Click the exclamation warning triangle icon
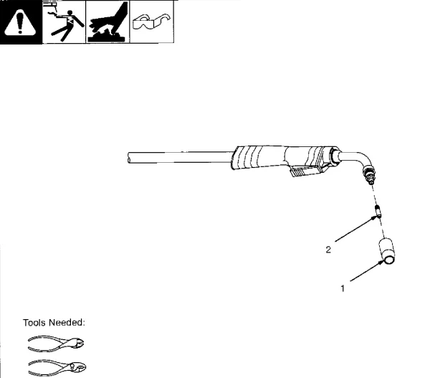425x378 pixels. pyautogui.click(x=20, y=22)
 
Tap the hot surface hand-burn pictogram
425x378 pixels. pyautogui.click(x=108, y=22)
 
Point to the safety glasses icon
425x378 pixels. pyautogui.click(x=152, y=22)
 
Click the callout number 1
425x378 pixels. pyautogui.click(x=343, y=288)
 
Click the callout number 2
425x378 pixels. pyautogui.click(x=328, y=250)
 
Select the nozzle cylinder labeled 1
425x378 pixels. pyautogui.click(x=387, y=251)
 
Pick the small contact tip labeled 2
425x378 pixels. pyautogui.click(x=378, y=212)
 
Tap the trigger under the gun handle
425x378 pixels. pyautogui.click(x=304, y=171)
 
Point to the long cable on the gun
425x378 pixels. pyautogui.click(x=180, y=157)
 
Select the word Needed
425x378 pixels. pyautogui.click(x=67, y=322)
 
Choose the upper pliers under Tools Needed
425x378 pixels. pyautogui.click(x=56, y=344)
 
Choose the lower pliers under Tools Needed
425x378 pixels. pyautogui.click(x=57, y=367)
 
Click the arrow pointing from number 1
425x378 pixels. pyautogui.click(x=367, y=270)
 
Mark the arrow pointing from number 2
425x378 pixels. pyautogui.click(x=356, y=228)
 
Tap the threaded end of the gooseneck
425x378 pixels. pyautogui.click(x=369, y=176)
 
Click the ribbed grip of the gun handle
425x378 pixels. pyautogui.click(x=247, y=158)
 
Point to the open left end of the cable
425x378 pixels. pyautogui.click(x=128, y=158)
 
